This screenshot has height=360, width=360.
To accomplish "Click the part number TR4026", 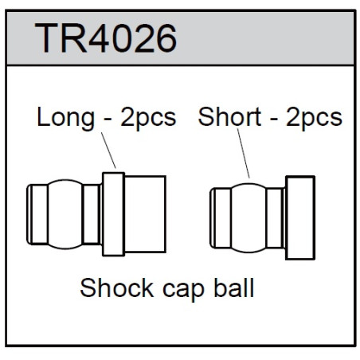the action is [106, 38].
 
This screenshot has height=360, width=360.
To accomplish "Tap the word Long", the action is [65, 118].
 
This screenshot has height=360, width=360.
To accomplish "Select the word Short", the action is [229, 117].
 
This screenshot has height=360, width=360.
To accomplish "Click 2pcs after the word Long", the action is [148, 119].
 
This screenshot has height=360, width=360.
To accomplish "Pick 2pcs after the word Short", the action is [314, 119].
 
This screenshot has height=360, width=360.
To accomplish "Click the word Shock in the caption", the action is [117, 288].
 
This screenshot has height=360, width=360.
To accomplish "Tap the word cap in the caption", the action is [183, 291].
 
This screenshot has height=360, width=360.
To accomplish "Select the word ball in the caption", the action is [234, 288].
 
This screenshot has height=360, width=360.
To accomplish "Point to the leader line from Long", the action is [108, 151].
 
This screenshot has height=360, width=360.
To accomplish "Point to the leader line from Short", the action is [243, 154].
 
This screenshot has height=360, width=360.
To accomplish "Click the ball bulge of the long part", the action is [65, 214].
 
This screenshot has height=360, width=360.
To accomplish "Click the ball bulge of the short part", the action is [248, 217].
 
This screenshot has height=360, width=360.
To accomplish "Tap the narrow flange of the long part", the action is [113, 214].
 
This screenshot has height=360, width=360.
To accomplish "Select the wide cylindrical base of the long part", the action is [145, 214].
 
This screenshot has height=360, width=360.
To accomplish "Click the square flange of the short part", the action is [300, 217].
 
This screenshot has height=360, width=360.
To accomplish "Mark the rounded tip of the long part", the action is [29, 214].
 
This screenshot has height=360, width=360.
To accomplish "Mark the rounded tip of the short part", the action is [213, 218].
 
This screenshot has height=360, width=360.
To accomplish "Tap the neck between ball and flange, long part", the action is [92, 214].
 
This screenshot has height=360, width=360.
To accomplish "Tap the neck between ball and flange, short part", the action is [275, 218].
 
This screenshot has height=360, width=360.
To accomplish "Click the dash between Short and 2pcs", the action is [274, 120].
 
